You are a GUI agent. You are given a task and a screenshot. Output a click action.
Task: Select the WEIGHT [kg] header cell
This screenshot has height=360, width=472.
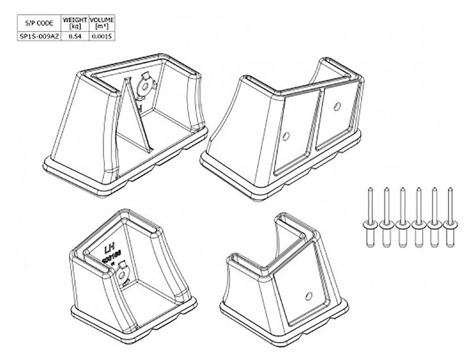(74, 23)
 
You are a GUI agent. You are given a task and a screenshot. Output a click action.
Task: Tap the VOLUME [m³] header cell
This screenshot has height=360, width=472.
(102, 23)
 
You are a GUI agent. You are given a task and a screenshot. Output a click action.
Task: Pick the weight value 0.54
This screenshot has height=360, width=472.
(74, 36)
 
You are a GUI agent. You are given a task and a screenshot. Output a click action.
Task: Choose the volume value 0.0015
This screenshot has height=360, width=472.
(102, 36)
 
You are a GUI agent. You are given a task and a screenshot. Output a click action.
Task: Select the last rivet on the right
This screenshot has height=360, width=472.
(450, 217)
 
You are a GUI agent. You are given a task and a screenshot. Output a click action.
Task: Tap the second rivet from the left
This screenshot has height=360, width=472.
(387, 217)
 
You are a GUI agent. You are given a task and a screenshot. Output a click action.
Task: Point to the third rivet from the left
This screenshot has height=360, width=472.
(402, 217)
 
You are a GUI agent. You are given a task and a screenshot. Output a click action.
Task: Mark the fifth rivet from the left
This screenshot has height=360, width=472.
(434, 217)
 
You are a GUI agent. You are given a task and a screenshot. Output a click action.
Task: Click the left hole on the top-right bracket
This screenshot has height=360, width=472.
(286, 136)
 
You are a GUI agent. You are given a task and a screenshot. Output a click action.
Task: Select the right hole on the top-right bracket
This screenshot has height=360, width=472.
(337, 106)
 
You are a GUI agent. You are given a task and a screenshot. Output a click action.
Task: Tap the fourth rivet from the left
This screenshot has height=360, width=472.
(419, 217)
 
